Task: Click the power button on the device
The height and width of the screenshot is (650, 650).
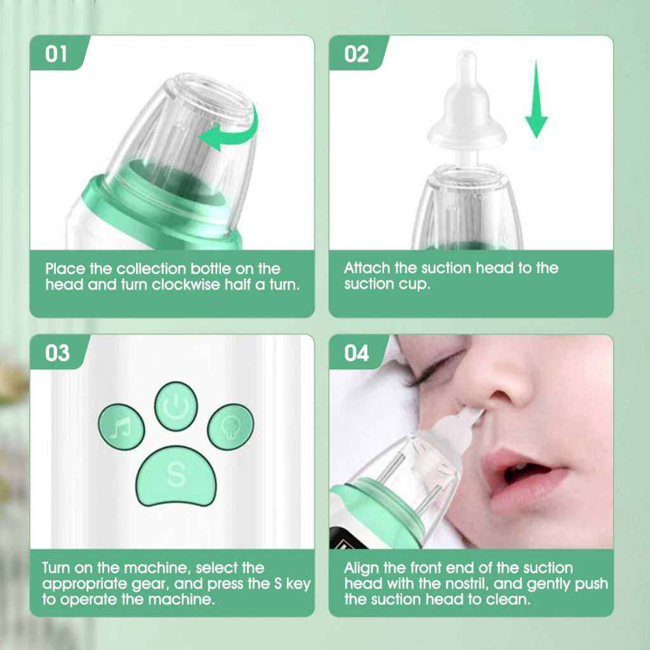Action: [176, 406]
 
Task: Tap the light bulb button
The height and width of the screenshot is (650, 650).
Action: [230, 427]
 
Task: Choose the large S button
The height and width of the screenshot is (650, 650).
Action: [176, 476]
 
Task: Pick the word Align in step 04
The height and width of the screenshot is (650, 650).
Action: [361, 568]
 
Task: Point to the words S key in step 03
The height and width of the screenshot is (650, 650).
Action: [292, 584]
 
